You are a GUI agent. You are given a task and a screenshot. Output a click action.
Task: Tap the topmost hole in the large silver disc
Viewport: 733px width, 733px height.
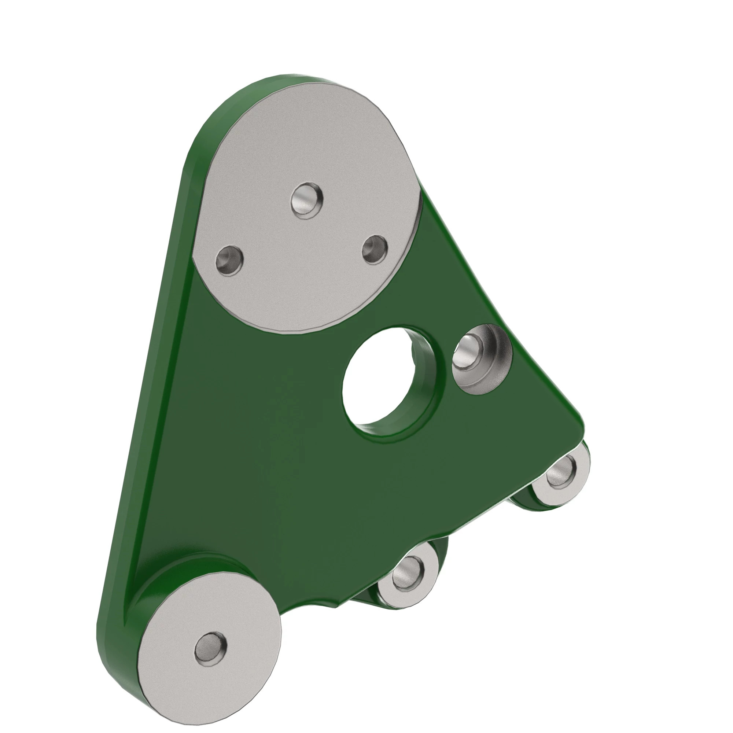tap(307, 201)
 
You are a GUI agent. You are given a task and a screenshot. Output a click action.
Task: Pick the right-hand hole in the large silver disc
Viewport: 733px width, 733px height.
tap(375, 249)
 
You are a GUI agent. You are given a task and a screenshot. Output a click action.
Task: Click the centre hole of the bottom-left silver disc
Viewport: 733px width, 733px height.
tap(211, 648)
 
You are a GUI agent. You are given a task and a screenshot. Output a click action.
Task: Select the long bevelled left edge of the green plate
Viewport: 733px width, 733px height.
tap(152, 379)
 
